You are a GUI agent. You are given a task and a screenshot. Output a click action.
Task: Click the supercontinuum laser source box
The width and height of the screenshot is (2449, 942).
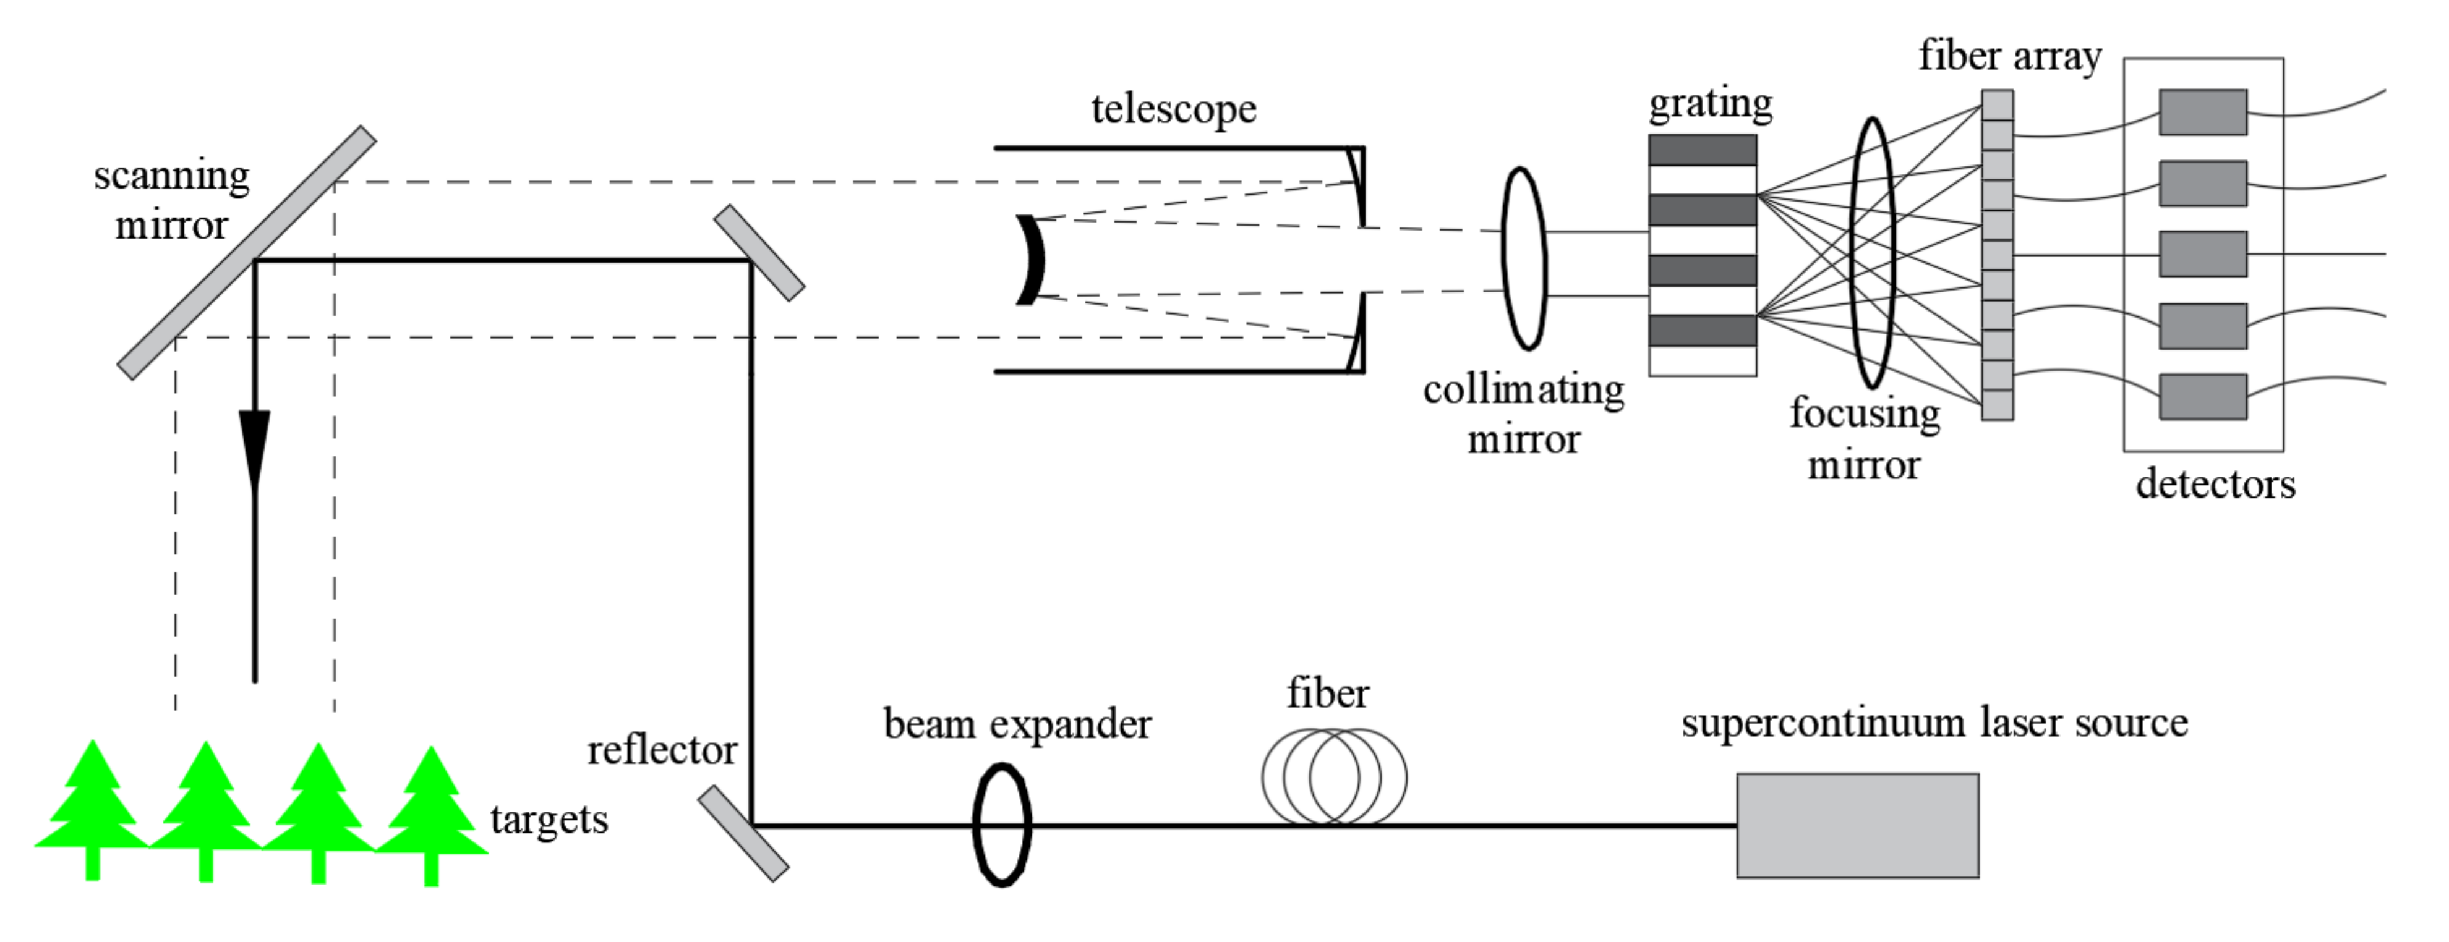(1856, 825)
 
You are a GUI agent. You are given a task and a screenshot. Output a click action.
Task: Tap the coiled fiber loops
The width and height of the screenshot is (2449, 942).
(1334, 776)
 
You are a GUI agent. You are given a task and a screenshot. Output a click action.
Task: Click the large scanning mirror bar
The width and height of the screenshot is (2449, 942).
(246, 253)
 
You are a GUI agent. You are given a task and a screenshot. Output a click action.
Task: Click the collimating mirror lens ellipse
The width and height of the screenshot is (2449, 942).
(1523, 258)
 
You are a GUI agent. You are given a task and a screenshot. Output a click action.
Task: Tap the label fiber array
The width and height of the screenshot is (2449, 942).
(2009, 56)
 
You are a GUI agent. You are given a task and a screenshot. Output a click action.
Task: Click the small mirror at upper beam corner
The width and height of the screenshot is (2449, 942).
(759, 253)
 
